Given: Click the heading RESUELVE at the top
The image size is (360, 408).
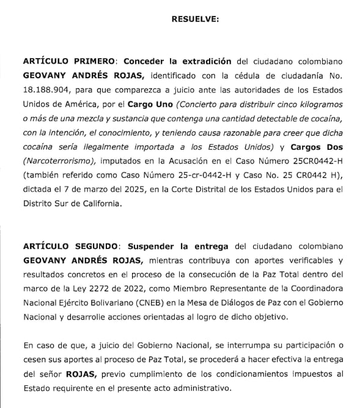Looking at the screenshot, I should [195, 20].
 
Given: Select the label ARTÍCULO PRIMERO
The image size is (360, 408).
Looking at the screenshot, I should [69, 61].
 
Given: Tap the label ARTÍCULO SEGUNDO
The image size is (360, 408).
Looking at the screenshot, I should [70, 246].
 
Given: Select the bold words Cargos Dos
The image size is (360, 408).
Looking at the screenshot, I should [317, 147].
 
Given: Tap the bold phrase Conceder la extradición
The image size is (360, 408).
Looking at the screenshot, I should [177, 61].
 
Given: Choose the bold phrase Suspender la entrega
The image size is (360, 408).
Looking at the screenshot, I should [178, 246].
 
